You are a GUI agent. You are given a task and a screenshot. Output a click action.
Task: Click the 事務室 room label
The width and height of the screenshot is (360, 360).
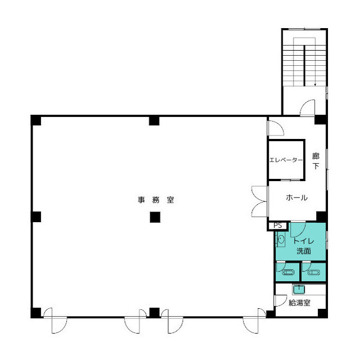point(156,200)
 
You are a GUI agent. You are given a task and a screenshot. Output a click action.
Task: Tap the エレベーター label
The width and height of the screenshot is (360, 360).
point(286,160)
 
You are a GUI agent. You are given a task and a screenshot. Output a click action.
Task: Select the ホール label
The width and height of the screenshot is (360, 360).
point(296,197)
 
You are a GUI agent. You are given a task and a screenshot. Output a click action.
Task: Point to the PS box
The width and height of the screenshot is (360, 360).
point(277,226)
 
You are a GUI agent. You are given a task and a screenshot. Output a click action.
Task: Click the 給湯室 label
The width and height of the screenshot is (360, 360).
point(299,303)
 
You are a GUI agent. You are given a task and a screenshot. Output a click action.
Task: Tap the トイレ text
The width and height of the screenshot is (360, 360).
point(304,241)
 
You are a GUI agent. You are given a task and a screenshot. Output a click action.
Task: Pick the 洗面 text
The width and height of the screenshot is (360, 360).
point(304,251)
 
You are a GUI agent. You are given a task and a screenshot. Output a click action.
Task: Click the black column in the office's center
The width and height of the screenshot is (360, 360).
point(155,217)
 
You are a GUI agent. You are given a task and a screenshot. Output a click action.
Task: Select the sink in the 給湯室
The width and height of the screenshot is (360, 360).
point(299,290)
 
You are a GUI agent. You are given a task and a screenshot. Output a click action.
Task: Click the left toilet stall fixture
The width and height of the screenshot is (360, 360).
point(288,272)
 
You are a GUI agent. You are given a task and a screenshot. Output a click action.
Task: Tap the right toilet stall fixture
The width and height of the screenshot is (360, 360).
point(314,272)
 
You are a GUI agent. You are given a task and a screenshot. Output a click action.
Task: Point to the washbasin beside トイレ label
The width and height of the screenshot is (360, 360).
point(281,240)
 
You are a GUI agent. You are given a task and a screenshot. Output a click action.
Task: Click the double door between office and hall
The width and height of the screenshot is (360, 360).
point(260,201)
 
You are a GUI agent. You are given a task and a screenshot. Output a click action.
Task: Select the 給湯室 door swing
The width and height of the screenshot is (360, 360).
point(281,300)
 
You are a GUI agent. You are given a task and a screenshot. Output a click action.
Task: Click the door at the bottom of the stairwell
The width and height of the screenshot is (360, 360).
point(308,107)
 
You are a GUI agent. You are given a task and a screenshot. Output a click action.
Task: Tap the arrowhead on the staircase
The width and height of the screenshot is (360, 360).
point(315,85)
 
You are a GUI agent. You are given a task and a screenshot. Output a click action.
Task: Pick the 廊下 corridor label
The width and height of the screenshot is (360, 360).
point(316,161)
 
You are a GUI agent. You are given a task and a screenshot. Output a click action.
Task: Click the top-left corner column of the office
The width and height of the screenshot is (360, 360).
point(36,120)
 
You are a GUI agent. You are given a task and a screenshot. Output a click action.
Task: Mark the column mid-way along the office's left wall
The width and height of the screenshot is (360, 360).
point(36,217)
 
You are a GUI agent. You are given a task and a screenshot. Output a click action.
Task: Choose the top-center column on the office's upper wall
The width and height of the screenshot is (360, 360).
point(154,120)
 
